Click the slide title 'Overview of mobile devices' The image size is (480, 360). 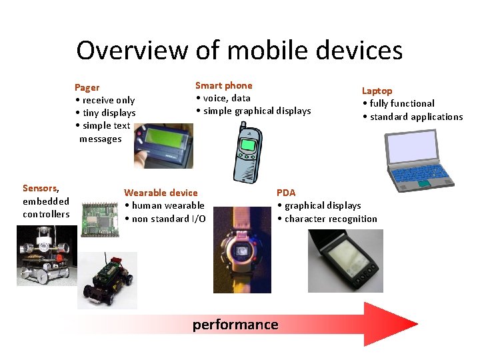(239, 50)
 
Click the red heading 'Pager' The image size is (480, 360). (87, 87)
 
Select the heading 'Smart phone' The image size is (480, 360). (223, 85)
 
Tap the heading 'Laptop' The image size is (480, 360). (377, 91)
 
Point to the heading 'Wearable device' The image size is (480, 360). (161, 193)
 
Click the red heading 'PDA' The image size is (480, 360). (286, 193)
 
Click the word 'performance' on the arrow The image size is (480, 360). (235, 325)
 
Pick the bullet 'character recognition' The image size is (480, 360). (331, 219)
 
